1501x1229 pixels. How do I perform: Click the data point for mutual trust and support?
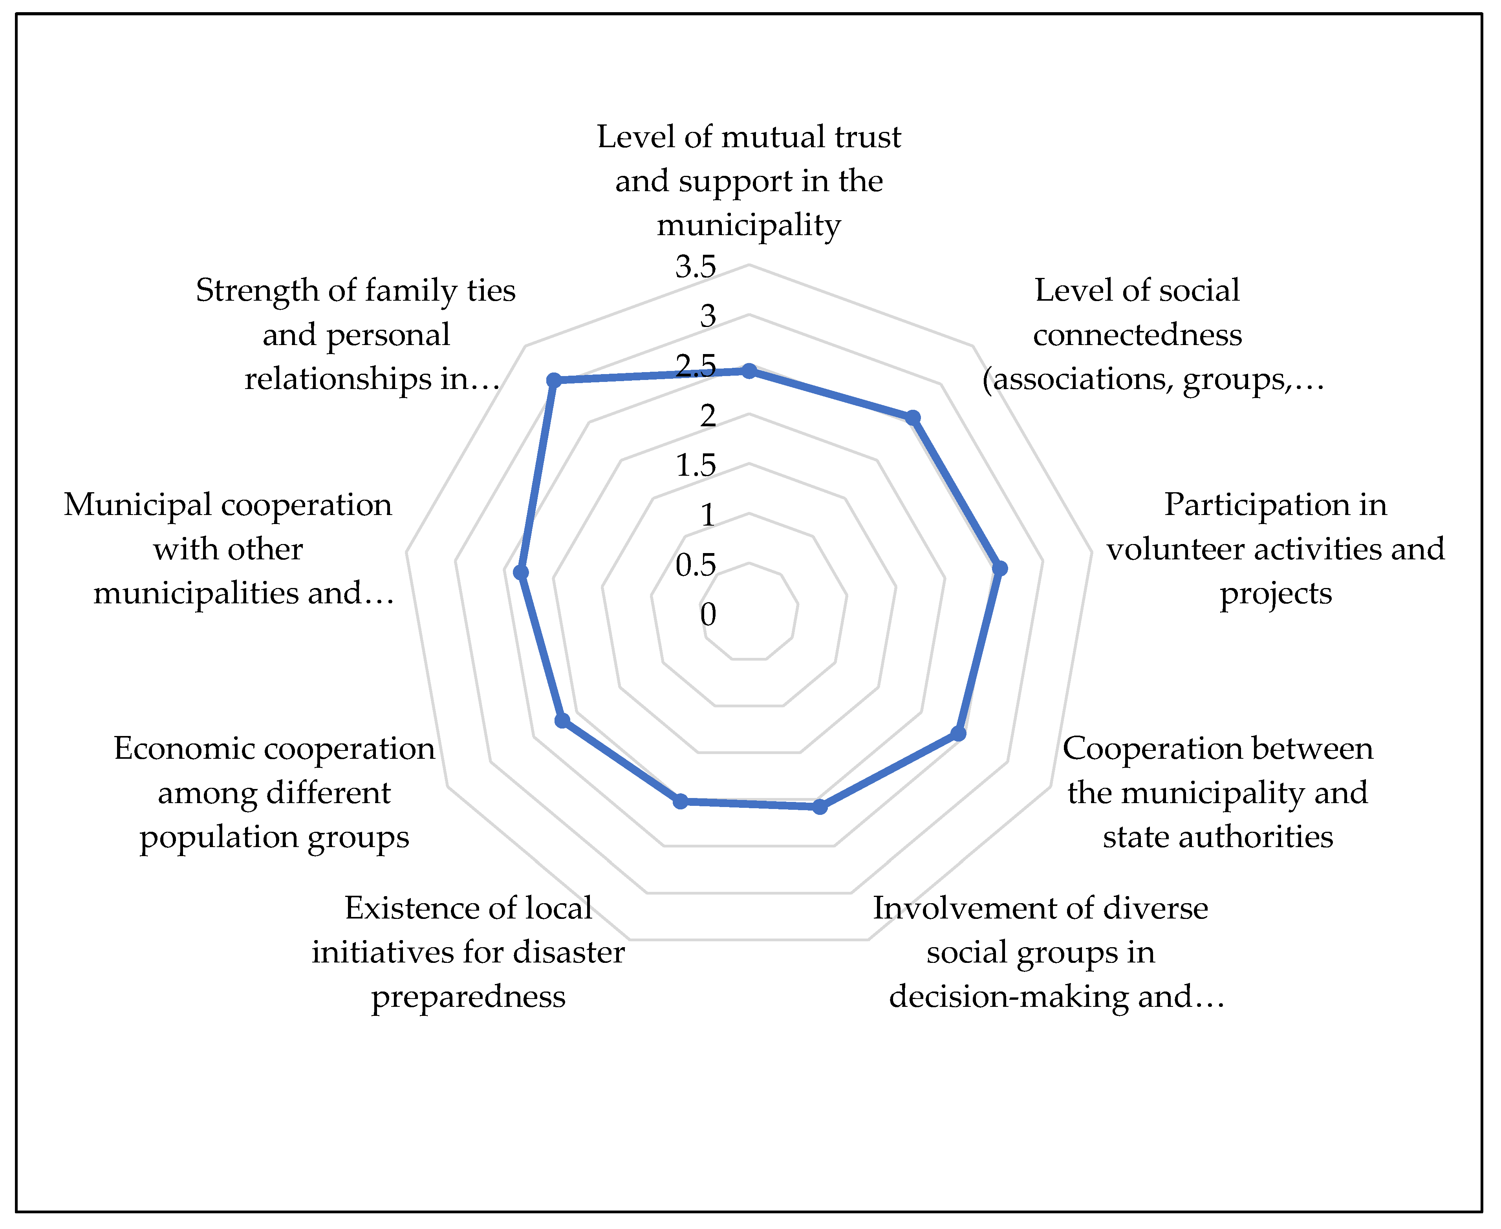(749, 371)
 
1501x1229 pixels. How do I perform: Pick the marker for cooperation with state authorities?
(958, 733)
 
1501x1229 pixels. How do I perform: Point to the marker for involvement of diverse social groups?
(820, 806)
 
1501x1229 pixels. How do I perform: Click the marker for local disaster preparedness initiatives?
(680, 802)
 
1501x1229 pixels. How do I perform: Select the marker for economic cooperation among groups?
(562, 721)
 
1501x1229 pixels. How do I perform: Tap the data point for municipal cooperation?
(521, 572)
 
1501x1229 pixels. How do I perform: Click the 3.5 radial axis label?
(696, 267)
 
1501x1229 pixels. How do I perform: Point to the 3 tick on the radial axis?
(708, 316)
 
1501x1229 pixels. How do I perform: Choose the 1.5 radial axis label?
(696, 465)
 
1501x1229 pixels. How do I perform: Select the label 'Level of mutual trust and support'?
(749, 181)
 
